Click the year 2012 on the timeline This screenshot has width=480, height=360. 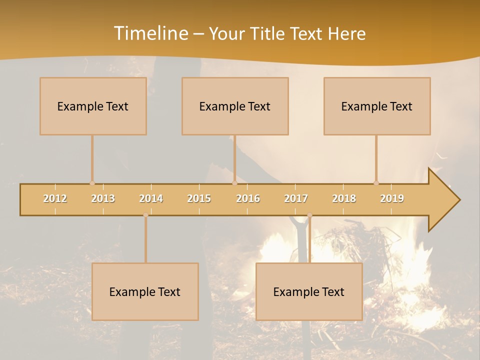coord(55,198)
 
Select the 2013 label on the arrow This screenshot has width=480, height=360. coord(103,198)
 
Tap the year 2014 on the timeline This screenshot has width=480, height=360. coord(151,198)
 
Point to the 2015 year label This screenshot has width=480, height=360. coord(199,198)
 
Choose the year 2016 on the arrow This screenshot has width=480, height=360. coord(248,198)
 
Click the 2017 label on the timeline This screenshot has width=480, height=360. coord(296,198)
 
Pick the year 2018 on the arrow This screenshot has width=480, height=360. coord(344,198)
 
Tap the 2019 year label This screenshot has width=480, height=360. coord(392,198)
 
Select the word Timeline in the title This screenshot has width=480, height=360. coord(150,33)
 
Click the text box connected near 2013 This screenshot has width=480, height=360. coord(93,106)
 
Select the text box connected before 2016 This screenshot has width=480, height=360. coord(235,106)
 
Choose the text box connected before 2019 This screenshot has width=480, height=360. coord(377,106)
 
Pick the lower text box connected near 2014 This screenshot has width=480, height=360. coord(145,291)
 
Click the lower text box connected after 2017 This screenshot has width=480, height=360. coord(309,291)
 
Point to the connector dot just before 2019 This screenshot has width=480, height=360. coord(376,183)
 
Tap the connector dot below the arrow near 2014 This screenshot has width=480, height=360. coord(145,215)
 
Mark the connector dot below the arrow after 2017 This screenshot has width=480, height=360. coord(309,215)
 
